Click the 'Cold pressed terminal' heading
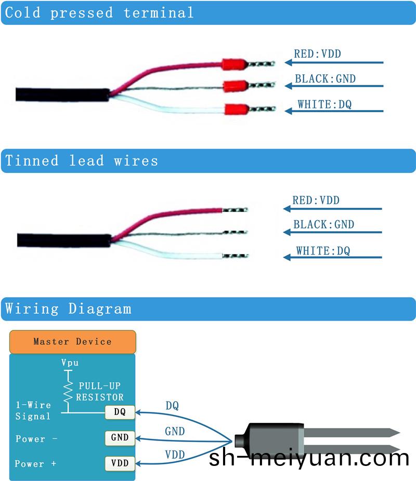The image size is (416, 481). pyautogui.click(x=99, y=12)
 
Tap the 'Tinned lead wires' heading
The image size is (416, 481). pyautogui.click(x=82, y=161)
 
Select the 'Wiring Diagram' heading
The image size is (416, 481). pyautogui.click(x=68, y=309)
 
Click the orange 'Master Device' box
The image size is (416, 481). pyautogui.click(x=73, y=341)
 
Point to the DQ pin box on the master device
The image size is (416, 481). pyautogui.click(x=120, y=412)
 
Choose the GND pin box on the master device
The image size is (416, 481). pyautogui.click(x=120, y=437)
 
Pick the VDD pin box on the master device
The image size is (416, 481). pyautogui.click(x=120, y=462)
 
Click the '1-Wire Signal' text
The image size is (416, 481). pyautogui.click(x=33, y=410)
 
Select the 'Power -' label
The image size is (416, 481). pyautogui.click(x=36, y=439)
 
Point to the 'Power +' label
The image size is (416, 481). pyautogui.click(x=35, y=464)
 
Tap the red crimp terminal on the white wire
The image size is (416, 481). pyautogui.click(x=236, y=110)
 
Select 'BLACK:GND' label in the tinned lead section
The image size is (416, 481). pyautogui.click(x=323, y=225)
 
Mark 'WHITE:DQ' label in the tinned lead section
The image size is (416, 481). pyautogui.click(x=323, y=251)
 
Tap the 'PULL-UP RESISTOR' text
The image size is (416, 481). pyautogui.click(x=100, y=392)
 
